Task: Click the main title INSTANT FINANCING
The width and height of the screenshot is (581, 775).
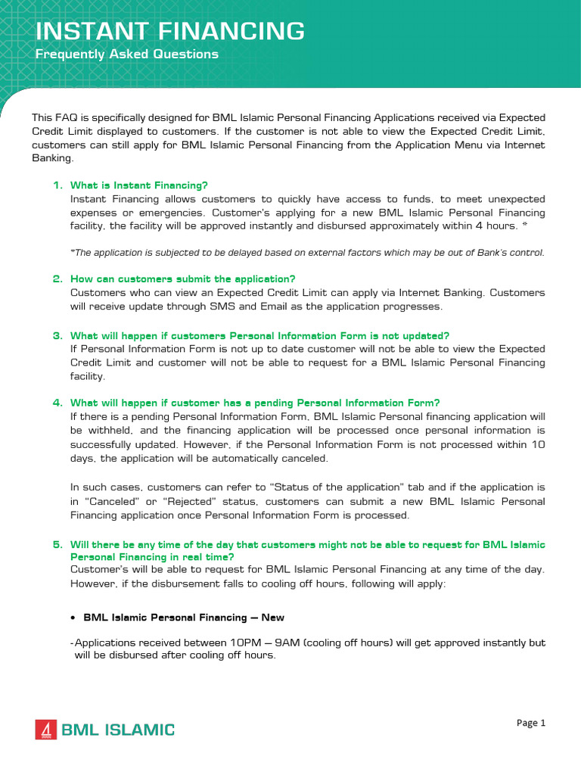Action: (x=171, y=31)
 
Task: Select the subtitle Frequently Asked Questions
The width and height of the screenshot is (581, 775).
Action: (x=127, y=54)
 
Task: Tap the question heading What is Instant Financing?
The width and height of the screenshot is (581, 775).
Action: (x=138, y=185)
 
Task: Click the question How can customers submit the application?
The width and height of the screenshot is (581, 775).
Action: (x=182, y=279)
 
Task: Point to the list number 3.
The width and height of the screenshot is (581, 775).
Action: (x=57, y=335)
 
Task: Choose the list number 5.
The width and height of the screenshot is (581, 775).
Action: (x=57, y=544)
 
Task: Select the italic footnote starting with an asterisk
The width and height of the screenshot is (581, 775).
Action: (x=306, y=253)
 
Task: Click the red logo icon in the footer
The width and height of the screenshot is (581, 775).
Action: (x=46, y=730)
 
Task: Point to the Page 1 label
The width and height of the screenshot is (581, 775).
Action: (x=530, y=723)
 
